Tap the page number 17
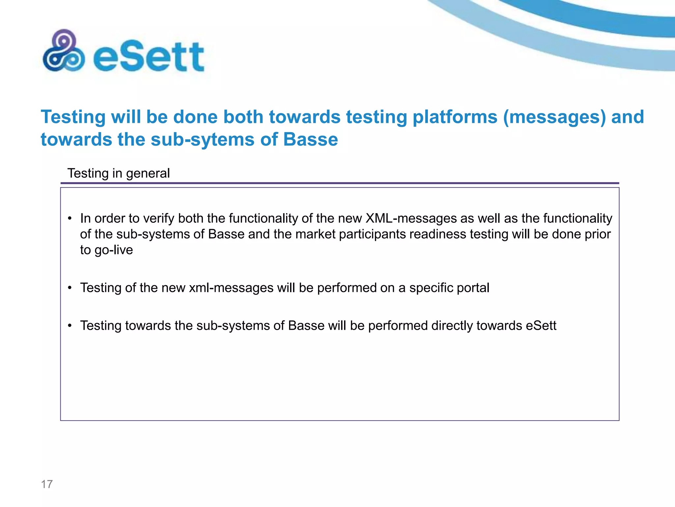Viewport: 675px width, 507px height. click(47, 484)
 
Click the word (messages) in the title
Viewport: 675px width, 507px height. click(554, 117)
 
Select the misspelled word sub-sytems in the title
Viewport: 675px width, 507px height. click(203, 139)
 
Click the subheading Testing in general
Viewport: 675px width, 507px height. click(119, 173)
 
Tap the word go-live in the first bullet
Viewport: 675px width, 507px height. click(114, 250)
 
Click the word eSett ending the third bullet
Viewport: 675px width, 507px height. click(541, 326)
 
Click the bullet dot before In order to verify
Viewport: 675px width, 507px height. click(70, 219)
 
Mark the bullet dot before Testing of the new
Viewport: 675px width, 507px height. click(70, 288)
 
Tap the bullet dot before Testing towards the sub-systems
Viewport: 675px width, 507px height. click(70, 326)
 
